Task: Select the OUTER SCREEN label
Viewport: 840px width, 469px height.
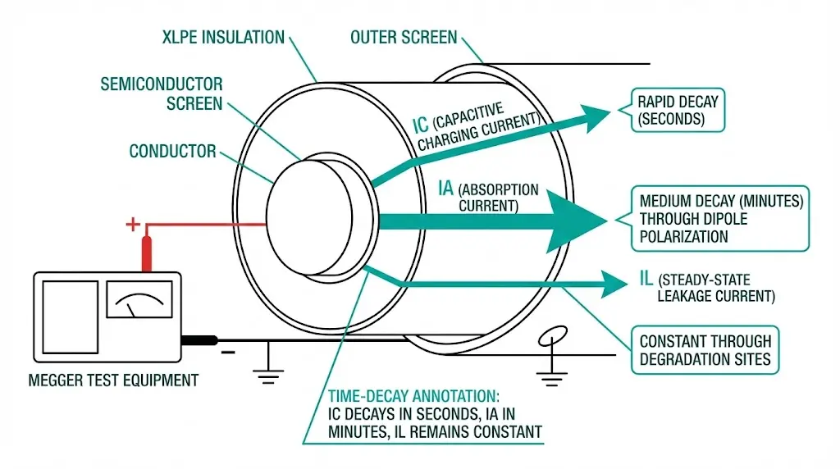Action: pos(404,38)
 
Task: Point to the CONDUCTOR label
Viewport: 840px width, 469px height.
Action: pos(172,152)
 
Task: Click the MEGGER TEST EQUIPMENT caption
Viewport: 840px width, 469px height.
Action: pos(113,380)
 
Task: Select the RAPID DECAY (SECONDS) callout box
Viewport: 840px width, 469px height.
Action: pos(677,111)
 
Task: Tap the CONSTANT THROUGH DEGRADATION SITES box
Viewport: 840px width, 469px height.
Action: pos(705,349)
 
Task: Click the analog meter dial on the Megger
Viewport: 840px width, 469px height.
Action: pos(139,303)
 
